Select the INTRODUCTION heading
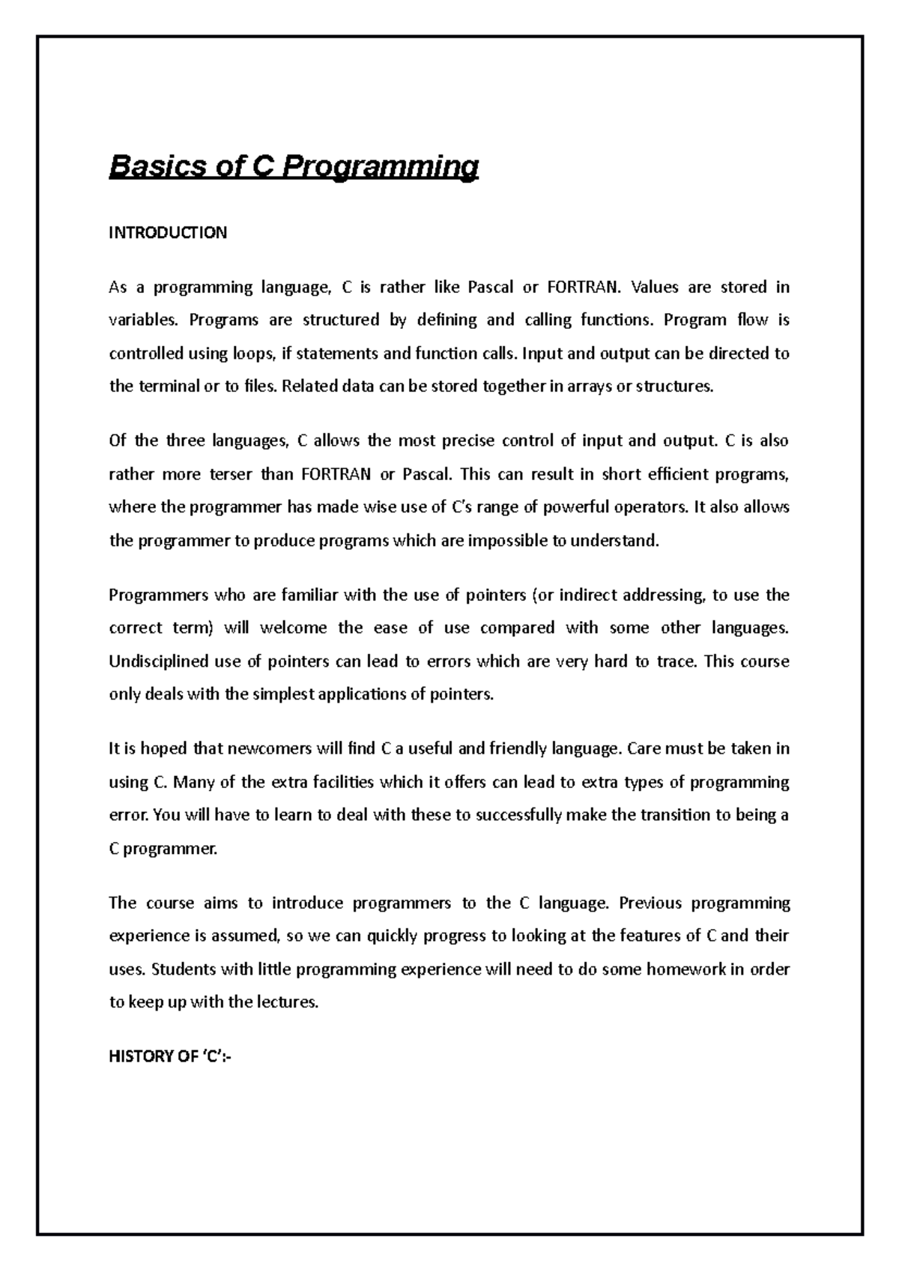[x=168, y=233]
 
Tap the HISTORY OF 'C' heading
[x=170, y=1057]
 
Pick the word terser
[x=228, y=474]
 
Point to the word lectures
[x=288, y=1002]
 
